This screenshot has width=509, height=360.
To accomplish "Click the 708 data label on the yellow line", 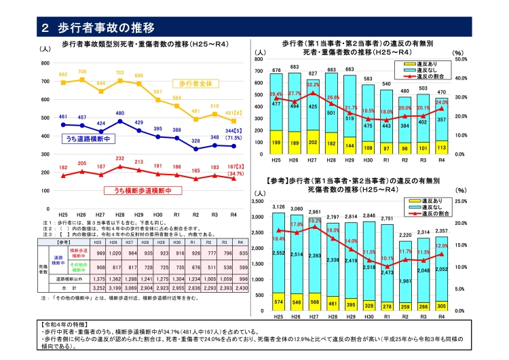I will click(x=82, y=71).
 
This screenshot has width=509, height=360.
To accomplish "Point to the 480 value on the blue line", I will click(x=120, y=113).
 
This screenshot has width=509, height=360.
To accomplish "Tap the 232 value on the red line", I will click(x=120, y=159).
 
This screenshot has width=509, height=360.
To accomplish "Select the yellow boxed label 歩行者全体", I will click(x=196, y=83).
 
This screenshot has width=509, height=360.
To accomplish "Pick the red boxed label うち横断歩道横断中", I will click(x=136, y=190).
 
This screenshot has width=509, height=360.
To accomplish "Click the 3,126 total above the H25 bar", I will click(x=278, y=206).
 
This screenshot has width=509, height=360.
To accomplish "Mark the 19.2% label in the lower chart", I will click(x=315, y=221).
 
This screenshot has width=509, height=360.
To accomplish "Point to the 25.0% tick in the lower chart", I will click(x=459, y=202).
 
